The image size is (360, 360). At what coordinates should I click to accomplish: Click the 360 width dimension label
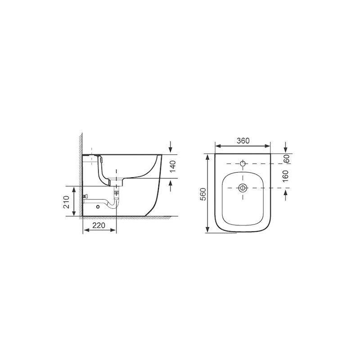tap(243, 140)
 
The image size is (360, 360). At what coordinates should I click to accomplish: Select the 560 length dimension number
tap(203, 194)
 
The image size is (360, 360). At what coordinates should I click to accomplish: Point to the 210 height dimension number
tap(66, 202)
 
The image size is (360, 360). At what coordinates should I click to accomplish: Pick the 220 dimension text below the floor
tap(99, 225)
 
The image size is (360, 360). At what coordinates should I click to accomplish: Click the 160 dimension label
tap(285, 176)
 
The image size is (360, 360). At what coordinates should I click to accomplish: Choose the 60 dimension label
tap(287, 159)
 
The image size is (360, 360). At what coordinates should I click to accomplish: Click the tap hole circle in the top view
tap(243, 163)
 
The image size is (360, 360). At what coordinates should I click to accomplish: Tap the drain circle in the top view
tap(243, 188)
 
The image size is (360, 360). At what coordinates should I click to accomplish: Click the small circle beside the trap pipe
tap(98, 207)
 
